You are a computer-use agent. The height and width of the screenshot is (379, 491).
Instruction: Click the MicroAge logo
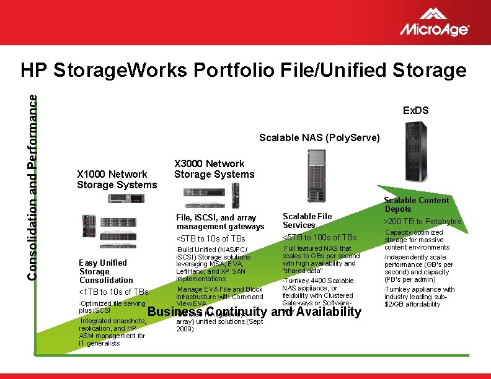coord(434,22)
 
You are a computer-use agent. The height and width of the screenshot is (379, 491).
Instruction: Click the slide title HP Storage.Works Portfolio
coord(243,71)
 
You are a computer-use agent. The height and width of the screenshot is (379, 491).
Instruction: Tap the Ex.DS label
coord(415,111)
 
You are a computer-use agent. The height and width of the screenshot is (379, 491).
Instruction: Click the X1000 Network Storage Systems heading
coord(117,180)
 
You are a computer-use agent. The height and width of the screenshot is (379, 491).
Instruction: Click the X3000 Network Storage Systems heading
coord(214,169)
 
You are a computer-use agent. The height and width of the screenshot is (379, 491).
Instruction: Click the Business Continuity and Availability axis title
coord(254,312)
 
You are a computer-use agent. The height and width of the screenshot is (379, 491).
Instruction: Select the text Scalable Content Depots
coord(416,204)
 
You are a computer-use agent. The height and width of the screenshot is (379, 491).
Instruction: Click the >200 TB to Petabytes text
coord(423,222)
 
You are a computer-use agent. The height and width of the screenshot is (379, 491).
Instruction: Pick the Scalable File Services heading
coord(307,220)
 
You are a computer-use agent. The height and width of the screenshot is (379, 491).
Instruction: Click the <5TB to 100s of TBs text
coord(319,237)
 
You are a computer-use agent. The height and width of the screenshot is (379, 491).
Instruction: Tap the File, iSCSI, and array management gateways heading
coord(220,222)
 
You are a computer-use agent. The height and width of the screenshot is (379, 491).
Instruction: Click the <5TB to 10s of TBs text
coord(211,238)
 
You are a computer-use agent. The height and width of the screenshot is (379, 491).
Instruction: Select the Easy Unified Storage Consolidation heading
coord(105,271)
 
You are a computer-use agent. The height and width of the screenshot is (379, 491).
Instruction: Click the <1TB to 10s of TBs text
coord(113,292)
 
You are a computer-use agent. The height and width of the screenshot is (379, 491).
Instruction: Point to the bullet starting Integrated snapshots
coord(112,332)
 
